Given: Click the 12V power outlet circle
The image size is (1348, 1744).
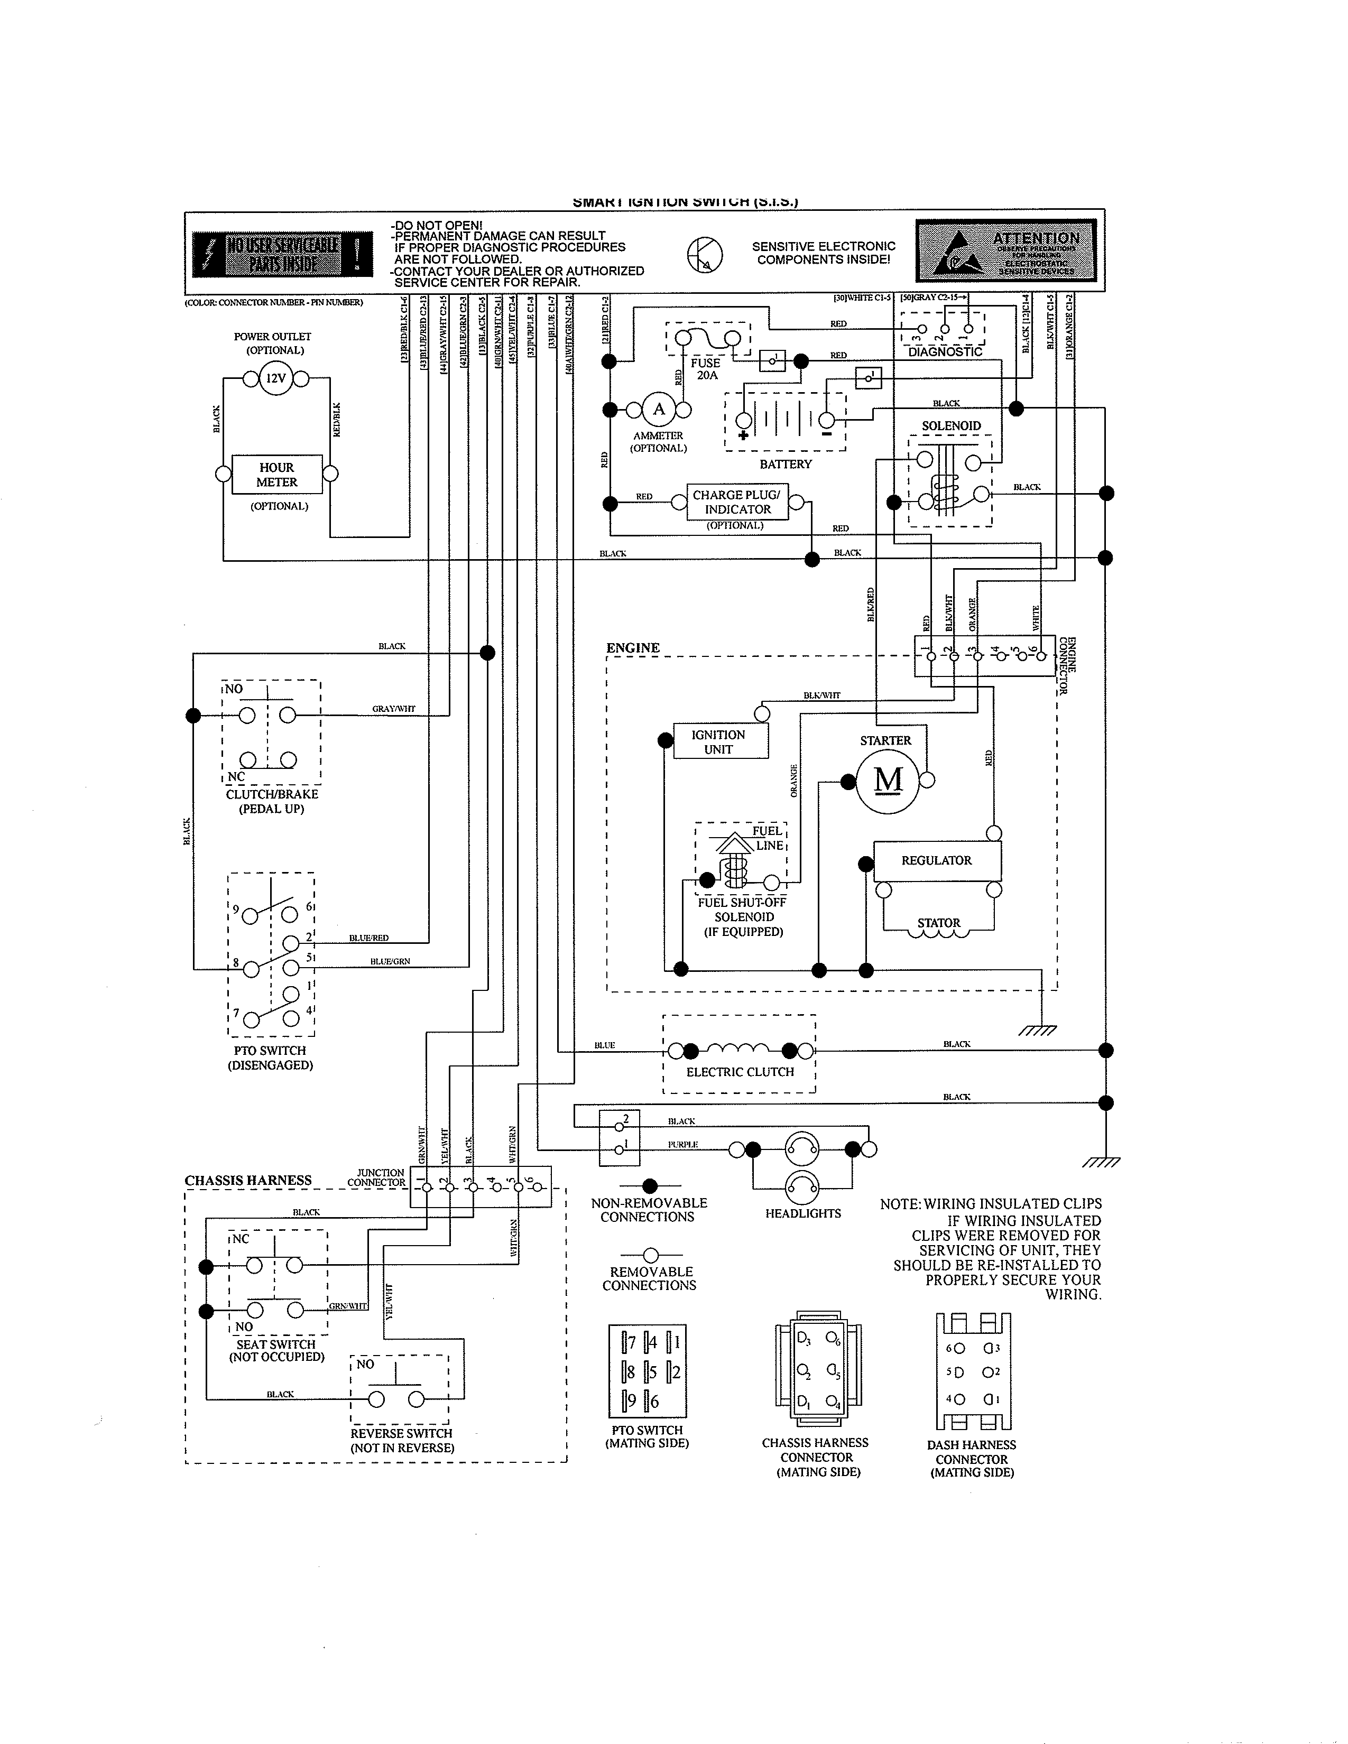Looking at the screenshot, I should (x=275, y=378).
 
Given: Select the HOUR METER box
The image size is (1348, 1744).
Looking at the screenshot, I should (x=276, y=475).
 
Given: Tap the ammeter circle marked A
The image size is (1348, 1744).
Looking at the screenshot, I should (x=659, y=410).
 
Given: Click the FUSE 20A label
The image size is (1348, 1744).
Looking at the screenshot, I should (x=705, y=369).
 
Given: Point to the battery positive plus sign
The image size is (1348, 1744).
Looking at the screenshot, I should (x=743, y=435).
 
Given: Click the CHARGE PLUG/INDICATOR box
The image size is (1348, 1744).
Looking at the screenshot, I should (x=736, y=502).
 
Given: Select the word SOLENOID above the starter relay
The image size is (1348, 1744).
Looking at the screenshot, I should (x=951, y=425).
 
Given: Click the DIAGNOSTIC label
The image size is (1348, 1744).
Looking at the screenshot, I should (x=945, y=351).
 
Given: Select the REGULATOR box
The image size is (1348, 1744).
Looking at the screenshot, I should (x=936, y=861).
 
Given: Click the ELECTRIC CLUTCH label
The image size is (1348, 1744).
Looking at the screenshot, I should (x=740, y=1072).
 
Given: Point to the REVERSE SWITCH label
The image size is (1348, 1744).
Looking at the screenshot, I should (x=401, y=1433).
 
